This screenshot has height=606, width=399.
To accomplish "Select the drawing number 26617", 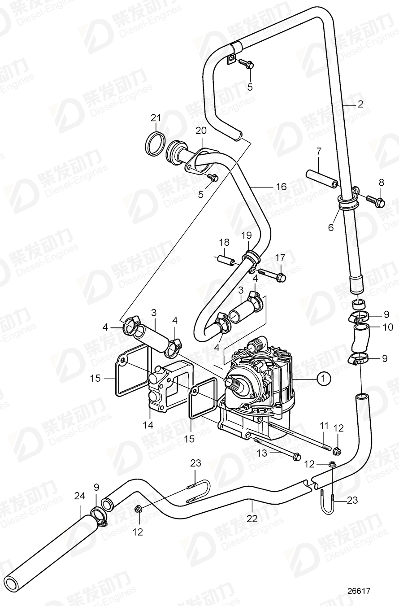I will click(359, 592).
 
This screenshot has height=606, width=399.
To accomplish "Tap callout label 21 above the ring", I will click(155, 118).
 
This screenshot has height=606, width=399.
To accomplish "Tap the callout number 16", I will click(281, 186).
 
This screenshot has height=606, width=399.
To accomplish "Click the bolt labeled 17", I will click(271, 275).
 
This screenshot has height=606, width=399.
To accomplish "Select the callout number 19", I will click(246, 235).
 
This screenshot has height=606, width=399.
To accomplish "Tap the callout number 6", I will click(331, 227).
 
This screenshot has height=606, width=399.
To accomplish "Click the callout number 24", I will click(79, 496).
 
